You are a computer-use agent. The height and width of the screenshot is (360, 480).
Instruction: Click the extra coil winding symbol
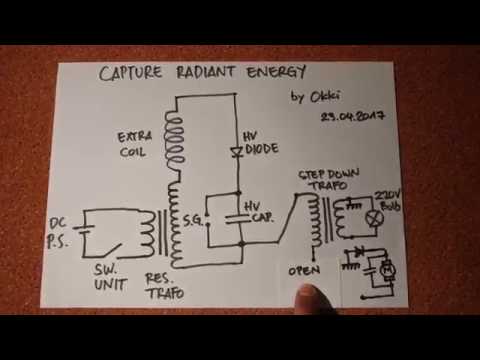coord(180,140)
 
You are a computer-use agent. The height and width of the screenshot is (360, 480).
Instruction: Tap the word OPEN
coord(306,270)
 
